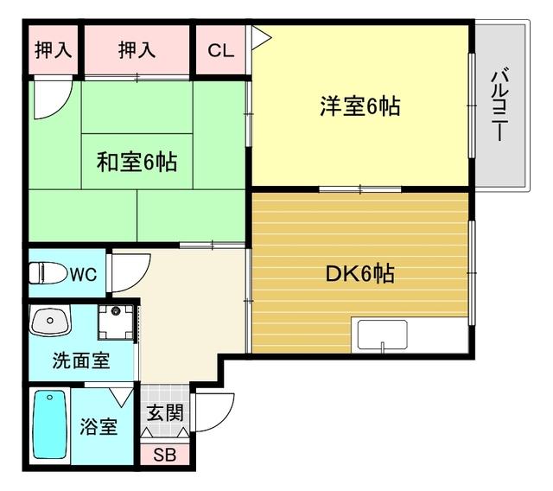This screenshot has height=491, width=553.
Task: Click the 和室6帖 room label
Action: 137,161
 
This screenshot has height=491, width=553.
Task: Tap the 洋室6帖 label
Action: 359,107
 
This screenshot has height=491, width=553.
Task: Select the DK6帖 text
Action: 359,274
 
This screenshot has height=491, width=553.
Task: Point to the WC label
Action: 83,275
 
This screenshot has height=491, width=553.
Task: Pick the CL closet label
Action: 221,49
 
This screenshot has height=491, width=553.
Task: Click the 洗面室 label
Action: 80,360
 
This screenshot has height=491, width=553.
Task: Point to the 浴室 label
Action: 99,426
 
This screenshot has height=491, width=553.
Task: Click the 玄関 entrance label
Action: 164,412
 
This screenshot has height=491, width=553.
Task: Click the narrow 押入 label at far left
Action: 53,49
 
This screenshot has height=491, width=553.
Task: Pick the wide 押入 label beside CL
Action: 137,49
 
